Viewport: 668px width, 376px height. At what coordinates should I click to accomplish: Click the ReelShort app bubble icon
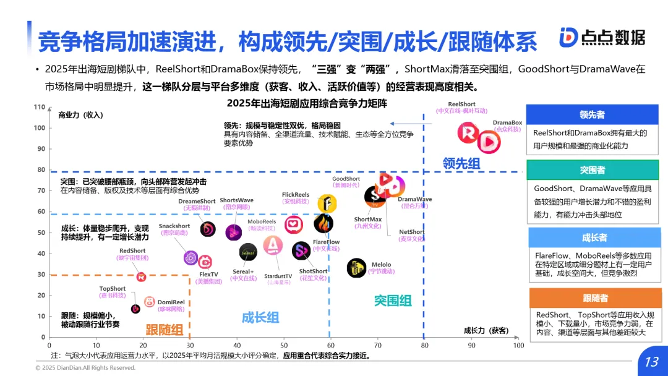469,133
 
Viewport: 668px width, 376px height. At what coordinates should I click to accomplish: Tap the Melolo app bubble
357,268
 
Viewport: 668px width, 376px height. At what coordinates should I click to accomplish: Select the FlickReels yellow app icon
327,203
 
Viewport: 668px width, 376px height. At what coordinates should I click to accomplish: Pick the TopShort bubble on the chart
135,309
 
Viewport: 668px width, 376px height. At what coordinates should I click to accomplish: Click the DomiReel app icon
150,301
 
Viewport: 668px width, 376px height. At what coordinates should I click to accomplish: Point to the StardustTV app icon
273,246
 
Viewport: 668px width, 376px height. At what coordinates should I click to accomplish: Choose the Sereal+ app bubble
248,252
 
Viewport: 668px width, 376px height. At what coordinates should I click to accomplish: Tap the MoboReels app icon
293,225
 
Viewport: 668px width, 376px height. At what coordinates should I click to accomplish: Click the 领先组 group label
461,163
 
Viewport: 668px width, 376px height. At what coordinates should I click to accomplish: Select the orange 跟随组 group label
164,329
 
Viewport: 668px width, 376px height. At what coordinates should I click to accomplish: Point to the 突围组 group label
393,301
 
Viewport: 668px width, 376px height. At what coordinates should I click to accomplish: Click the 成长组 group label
260,318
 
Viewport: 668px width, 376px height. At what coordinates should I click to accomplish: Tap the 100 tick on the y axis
40,128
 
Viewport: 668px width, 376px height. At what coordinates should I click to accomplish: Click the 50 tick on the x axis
284,345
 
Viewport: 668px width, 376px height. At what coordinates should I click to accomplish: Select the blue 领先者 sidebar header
592,114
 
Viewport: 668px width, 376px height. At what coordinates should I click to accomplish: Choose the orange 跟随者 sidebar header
594,299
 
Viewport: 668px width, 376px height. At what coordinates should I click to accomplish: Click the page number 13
651,362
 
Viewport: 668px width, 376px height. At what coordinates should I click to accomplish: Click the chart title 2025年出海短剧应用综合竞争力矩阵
307,103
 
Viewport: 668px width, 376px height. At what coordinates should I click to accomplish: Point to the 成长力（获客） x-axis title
486,331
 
